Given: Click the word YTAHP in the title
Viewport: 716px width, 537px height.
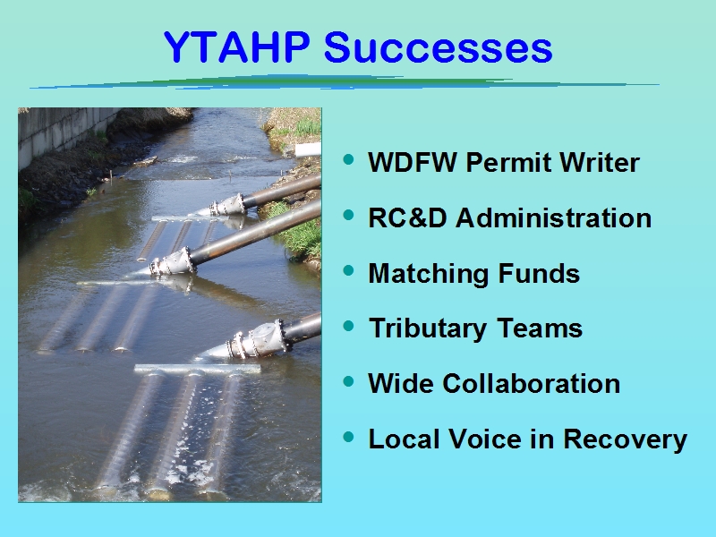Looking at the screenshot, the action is tap(237, 47).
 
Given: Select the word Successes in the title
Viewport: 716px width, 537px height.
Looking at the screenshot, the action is tap(439, 47).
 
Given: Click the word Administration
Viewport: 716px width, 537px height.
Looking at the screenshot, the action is tap(553, 217).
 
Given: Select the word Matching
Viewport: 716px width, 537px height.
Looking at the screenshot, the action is tap(429, 274).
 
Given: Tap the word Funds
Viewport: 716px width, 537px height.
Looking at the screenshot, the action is tap(539, 273).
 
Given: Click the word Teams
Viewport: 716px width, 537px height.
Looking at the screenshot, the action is tap(540, 328).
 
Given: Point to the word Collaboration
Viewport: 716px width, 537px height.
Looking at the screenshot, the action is tap(531, 383).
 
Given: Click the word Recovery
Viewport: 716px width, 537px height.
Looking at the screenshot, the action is tap(625, 439).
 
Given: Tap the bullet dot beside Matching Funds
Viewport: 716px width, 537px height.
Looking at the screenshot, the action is tap(348, 270).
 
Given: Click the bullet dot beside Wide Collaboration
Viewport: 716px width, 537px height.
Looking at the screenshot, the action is tap(348, 380).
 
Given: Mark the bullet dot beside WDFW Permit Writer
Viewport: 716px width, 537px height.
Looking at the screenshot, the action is tap(348, 159).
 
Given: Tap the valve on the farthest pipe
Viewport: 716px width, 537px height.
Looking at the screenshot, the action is tap(227, 205).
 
